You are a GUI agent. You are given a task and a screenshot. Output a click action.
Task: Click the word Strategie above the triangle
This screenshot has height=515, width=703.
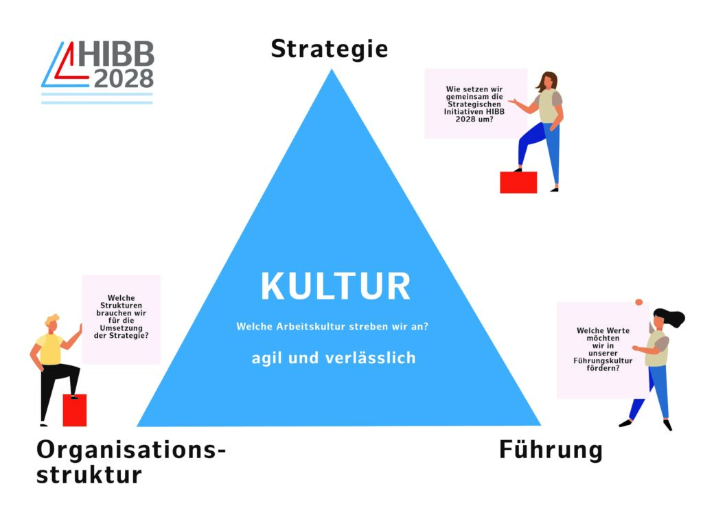point(330,49)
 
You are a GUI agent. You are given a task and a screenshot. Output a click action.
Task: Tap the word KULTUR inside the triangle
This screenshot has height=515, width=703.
point(336,287)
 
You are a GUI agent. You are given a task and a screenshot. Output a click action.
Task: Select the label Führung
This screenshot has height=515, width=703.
point(551,450)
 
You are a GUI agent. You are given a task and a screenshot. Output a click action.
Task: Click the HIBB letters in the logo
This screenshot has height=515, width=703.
point(115,56)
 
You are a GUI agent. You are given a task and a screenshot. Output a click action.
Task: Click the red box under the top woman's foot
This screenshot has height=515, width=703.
point(518,182)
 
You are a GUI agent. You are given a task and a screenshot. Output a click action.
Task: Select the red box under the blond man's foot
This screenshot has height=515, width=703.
point(75,410)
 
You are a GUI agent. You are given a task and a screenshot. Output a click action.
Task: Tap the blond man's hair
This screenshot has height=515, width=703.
point(52,321)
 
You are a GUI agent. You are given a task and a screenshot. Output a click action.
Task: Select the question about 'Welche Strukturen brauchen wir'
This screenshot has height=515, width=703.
point(121,317)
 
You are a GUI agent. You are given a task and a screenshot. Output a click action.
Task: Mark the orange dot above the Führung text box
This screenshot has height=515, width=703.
point(639,301)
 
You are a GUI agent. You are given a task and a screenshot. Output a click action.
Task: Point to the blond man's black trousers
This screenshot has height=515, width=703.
point(51,385)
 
